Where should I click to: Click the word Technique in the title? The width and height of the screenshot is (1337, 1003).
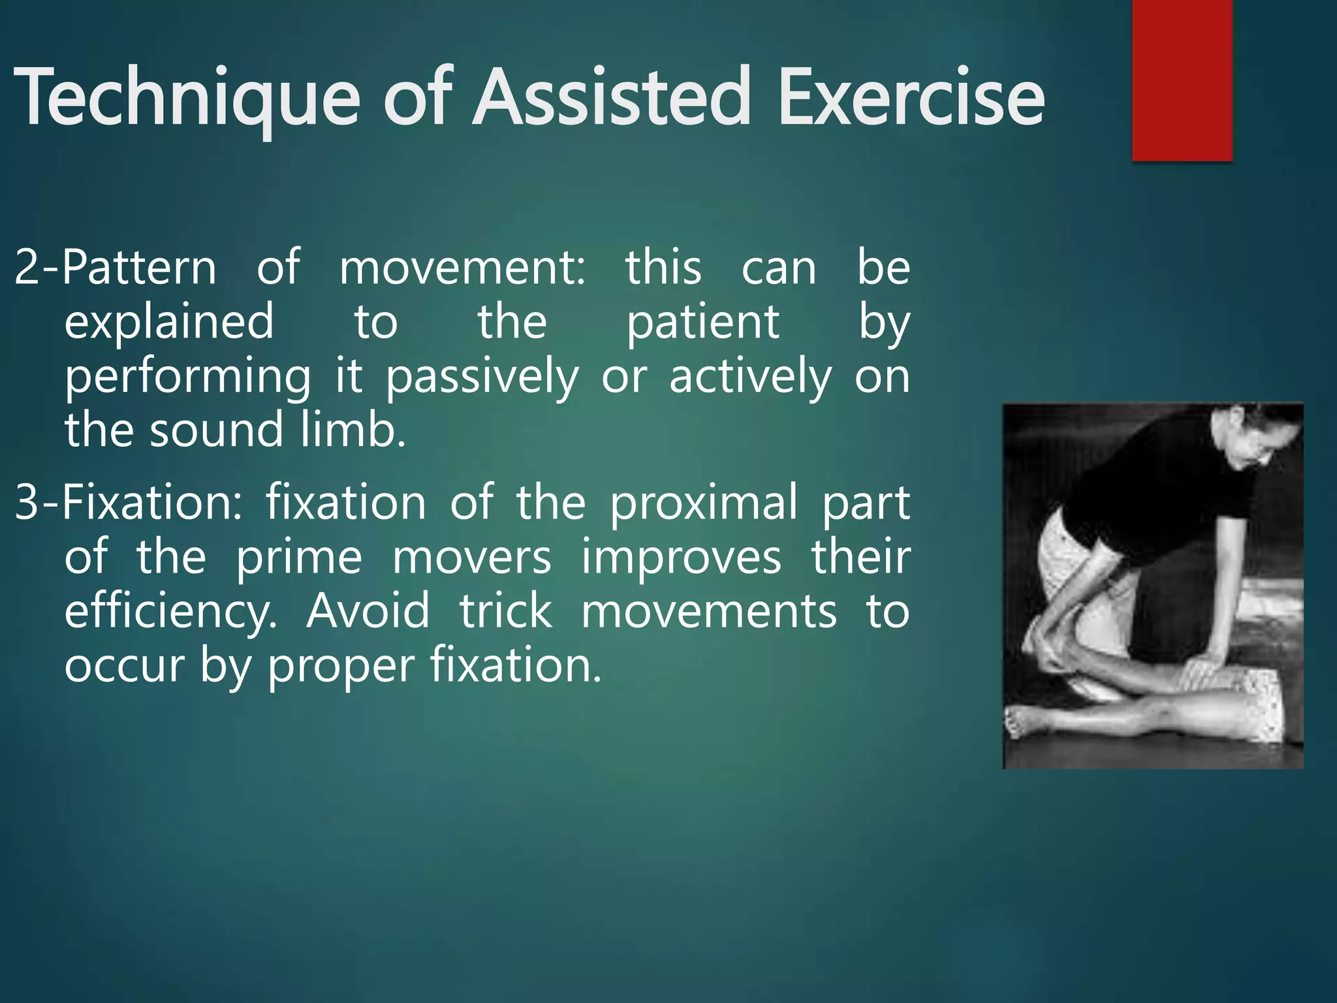[186, 98]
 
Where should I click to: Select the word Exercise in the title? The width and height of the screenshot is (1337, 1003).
[911, 98]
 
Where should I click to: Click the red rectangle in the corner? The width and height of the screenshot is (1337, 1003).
[1182, 78]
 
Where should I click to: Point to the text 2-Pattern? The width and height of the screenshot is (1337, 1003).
[115, 268]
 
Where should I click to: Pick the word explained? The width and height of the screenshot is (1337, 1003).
[169, 322]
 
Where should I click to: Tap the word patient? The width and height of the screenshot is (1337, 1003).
[702, 322]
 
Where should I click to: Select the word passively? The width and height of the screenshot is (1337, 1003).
[482, 377]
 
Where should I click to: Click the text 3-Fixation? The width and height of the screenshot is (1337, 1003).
[128, 503]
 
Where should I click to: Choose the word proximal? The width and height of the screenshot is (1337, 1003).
[704, 503]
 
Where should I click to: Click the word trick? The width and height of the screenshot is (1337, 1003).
[506, 612]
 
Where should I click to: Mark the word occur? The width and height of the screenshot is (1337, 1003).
[124, 665]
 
